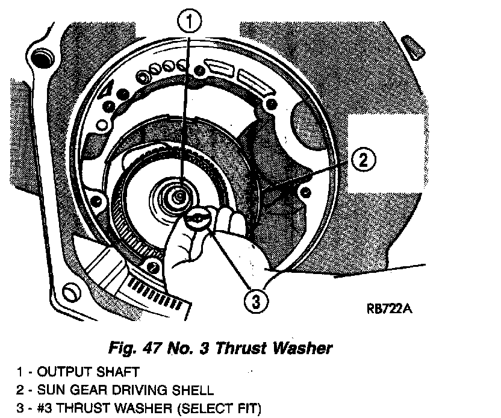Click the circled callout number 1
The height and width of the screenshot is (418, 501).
190,22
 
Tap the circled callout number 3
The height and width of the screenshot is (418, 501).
257,302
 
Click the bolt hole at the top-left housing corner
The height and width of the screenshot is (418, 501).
42,59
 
